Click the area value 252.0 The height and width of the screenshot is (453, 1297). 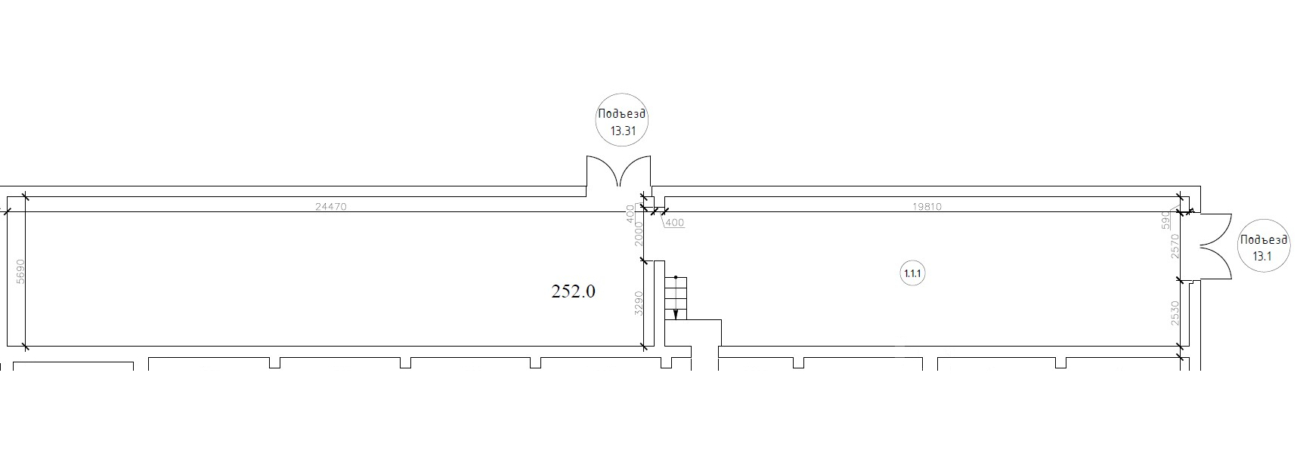[573, 291]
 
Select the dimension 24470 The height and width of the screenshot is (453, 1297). [330, 206]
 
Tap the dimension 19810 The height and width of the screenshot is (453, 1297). [927, 206]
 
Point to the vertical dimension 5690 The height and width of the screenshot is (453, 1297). [20, 272]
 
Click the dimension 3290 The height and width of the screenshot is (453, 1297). [639, 303]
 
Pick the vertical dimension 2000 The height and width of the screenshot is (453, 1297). [639, 234]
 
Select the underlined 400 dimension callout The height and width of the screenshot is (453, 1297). [674, 223]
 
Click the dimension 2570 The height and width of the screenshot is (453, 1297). [1175, 246]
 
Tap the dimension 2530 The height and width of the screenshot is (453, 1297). [1175, 313]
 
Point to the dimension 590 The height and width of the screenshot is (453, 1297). [1165, 220]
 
